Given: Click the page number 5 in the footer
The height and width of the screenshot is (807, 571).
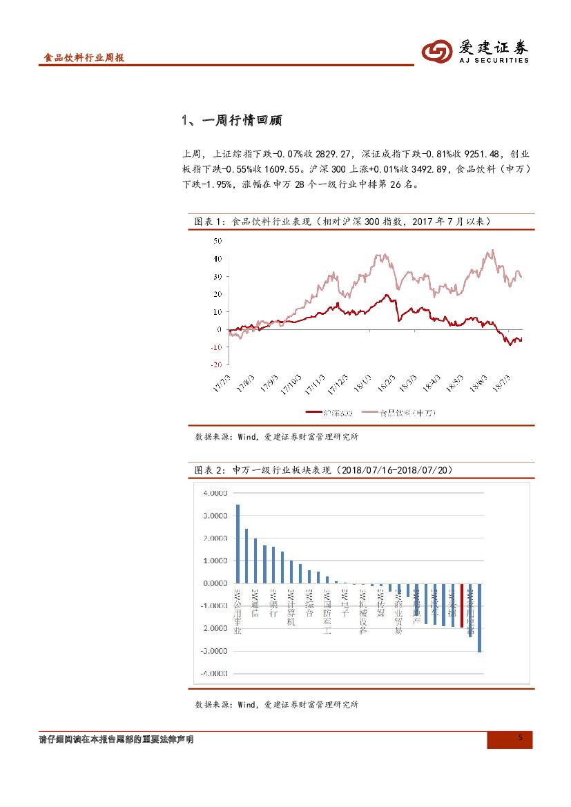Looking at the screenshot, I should (x=521, y=738).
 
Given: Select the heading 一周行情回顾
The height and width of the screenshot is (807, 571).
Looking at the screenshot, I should (x=233, y=120).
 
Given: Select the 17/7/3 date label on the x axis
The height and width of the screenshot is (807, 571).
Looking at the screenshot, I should (x=223, y=382).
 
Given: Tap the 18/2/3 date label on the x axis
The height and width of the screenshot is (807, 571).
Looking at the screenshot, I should (x=386, y=382).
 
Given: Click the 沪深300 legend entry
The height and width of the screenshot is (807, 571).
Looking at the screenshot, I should (x=329, y=413).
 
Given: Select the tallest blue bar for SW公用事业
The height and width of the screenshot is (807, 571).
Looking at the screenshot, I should (x=238, y=544).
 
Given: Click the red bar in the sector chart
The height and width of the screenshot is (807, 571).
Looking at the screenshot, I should (x=461, y=605).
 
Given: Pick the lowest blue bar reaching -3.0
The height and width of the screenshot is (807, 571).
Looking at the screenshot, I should (x=479, y=617).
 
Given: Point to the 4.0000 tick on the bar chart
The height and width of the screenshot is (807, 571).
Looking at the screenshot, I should (x=215, y=494).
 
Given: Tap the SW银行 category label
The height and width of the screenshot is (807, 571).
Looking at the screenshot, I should (x=273, y=605).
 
